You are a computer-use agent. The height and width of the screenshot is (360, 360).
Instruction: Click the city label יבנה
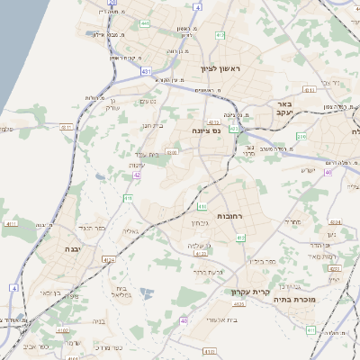73,247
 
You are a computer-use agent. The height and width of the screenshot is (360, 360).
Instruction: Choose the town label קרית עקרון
256,292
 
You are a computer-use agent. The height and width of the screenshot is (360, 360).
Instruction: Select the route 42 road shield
137,176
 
